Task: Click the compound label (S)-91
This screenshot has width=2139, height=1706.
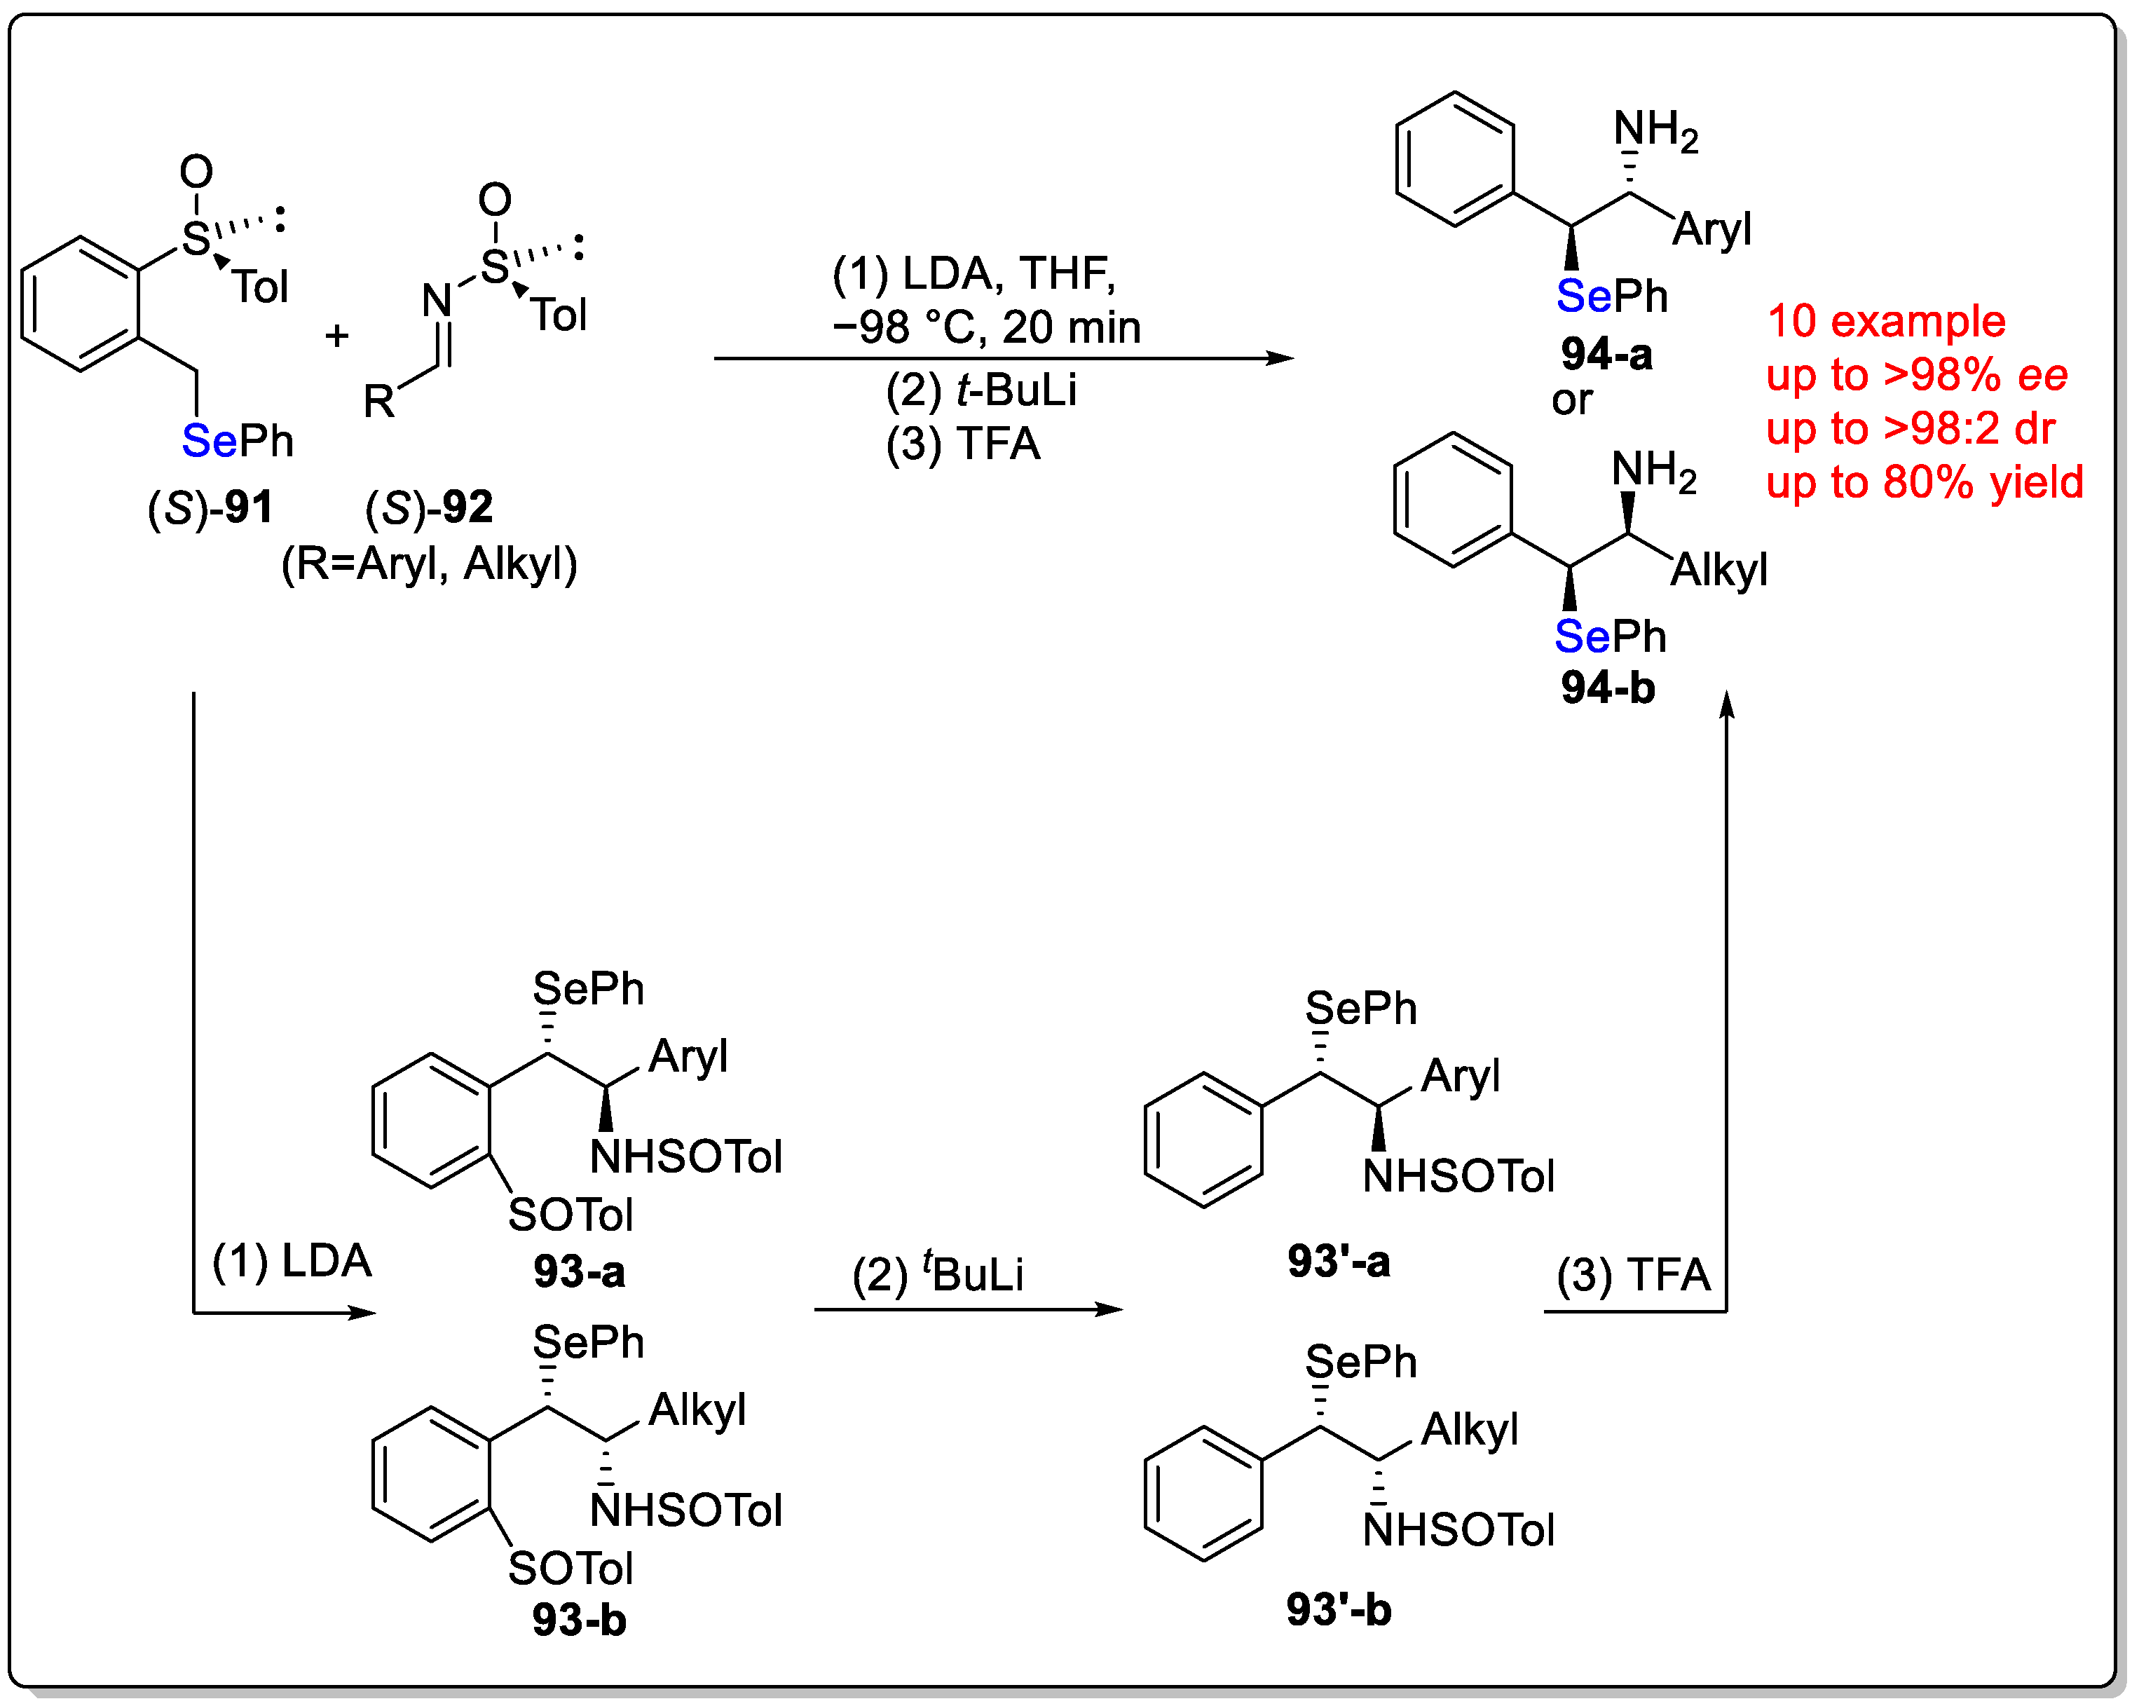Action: [210, 508]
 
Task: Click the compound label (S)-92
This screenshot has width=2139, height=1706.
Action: [429, 508]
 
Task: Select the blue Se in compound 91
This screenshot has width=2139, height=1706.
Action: [208, 441]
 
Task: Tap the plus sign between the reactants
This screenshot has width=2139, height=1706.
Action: [336, 336]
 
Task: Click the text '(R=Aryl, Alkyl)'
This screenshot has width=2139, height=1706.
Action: [429, 564]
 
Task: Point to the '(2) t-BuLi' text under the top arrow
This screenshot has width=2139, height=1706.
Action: [980, 390]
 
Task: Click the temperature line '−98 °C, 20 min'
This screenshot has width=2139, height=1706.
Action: [986, 327]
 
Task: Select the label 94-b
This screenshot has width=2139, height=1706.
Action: [1607, 688]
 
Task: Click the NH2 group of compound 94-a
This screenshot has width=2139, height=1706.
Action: [1655, 131]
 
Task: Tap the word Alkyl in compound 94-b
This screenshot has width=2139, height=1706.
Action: [1718, 571]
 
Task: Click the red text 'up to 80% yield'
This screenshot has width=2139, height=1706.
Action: [1924, 482]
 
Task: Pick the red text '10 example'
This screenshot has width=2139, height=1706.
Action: [1885, 322]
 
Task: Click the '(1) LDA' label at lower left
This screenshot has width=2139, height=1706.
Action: [292, 1262]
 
